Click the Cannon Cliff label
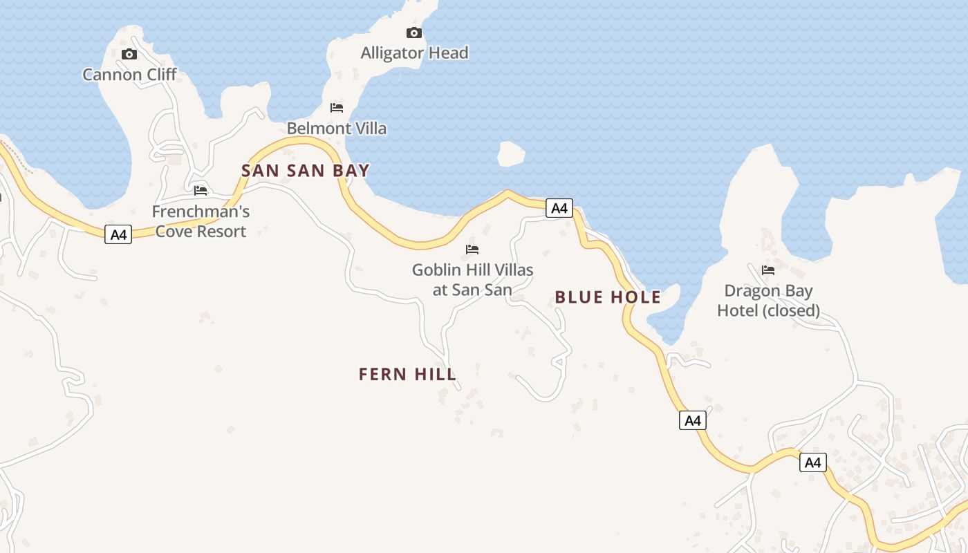[x=129, y=75]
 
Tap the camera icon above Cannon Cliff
[x=129, y=55]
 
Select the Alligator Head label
[x=414, y=53]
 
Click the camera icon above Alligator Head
[x=413, y=32]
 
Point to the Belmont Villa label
[x=337, y=129]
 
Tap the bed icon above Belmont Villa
[x=337, y=108]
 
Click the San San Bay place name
[x=305, y=171]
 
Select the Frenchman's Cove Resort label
[x=201, y=221]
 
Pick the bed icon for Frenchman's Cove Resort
[x=201, y=190]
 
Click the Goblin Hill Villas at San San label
[x=473, y=279]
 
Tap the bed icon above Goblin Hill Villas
[x=472, y=249]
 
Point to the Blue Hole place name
[x=608, y=298]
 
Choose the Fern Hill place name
[x=407, y=375]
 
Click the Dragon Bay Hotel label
[x=768, y=300]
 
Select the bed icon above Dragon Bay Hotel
[x=767, y=270]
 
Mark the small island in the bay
[x=511, y=153]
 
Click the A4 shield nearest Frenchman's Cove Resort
[x=118, y=234]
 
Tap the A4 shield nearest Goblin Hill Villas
[x=559, y=207]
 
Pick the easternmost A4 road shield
[x=812, y=462]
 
